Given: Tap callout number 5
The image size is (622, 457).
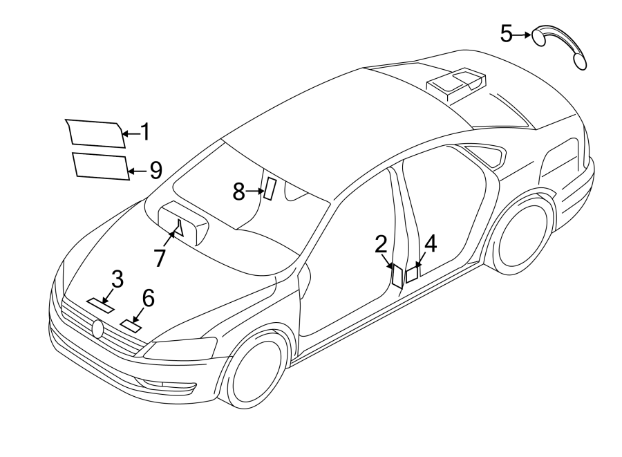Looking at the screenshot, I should click(507, 33).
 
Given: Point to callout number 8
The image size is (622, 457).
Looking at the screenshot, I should click(238, 192).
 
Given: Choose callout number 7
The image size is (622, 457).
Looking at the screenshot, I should click(160, 257).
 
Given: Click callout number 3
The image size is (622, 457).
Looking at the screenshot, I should click(117, 279).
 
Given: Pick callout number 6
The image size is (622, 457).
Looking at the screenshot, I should click(148, 297).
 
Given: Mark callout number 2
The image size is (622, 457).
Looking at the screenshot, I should click(381, 244).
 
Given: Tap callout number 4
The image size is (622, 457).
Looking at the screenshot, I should click(430, 243).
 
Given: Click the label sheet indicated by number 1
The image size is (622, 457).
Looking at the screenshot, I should click(96, 133).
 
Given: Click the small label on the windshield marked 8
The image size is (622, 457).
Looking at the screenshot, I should click(270, 189).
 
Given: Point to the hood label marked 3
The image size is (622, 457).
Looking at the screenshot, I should click(100, 306).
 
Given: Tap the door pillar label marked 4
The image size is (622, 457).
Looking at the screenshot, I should click(411, 274).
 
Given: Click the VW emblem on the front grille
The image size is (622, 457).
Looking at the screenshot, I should click(98, 329).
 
